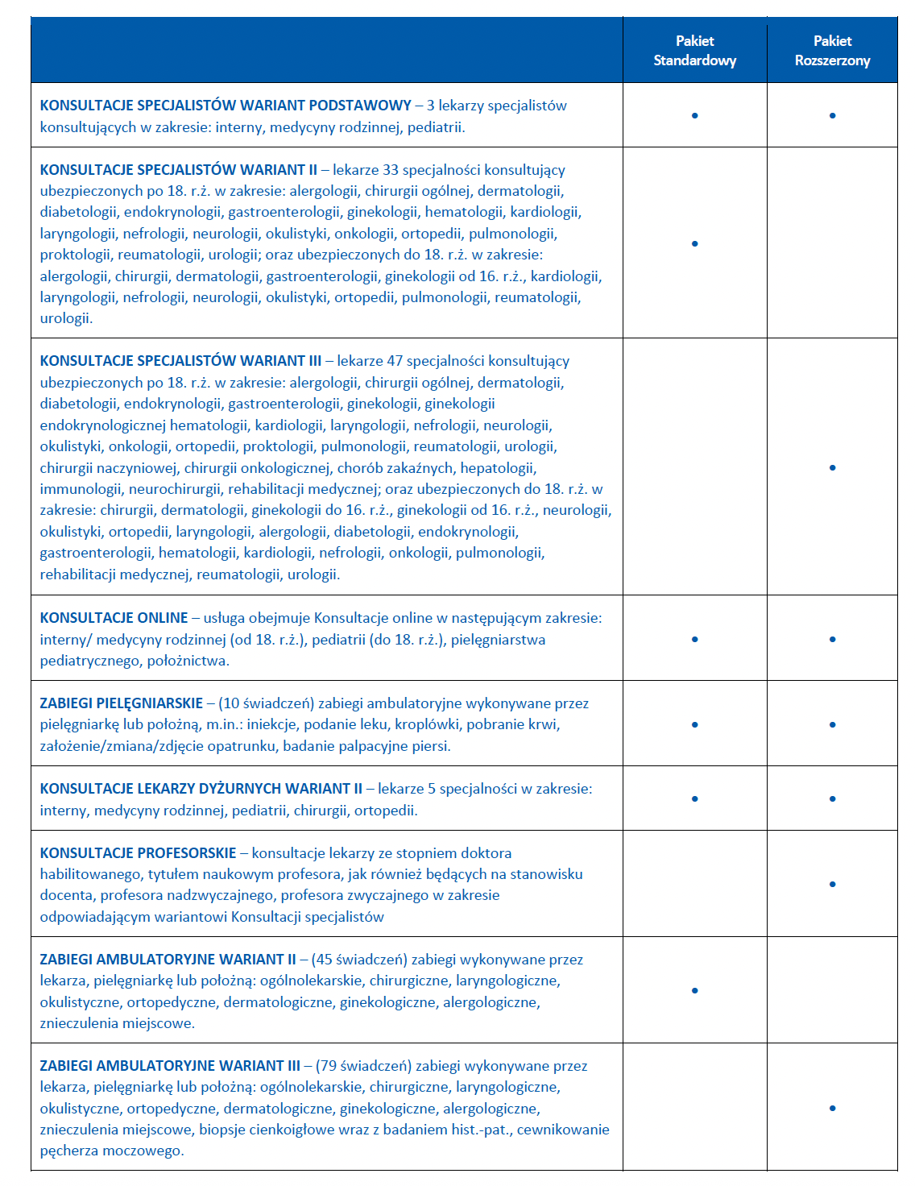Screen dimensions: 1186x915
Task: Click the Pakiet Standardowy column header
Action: [x=694, y=51]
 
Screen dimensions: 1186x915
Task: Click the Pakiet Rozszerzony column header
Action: [x=832, y=51]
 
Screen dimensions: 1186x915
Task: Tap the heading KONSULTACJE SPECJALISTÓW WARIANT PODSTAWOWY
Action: [x=226, y=106]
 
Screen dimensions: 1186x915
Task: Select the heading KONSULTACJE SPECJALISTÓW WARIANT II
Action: [x=178, y=170]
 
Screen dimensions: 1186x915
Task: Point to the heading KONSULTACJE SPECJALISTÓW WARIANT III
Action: [x=180, y=361]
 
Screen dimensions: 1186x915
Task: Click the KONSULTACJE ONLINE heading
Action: [x=114, y=618]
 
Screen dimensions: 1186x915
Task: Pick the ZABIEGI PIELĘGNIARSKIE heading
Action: [x=121, y=703]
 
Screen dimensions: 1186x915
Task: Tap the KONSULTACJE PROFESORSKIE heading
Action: [x=138, y=853]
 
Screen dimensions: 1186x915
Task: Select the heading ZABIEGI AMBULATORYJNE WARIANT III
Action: [x=169, y=1066]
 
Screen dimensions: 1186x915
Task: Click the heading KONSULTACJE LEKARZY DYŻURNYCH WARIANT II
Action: [x=201, y=789]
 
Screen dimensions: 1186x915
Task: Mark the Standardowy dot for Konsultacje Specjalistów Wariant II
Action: [x=694, y=243]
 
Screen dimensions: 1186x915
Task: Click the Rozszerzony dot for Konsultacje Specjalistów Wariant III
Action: [x=832, y=467]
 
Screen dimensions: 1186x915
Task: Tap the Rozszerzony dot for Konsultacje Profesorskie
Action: [x=832, y=885]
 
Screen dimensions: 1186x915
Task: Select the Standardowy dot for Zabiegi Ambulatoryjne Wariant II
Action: [x=694, y=991]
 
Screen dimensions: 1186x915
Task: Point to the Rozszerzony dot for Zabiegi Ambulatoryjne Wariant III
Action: [x=832, y=1109]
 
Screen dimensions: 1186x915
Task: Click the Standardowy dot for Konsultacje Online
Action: [x=694, y=640]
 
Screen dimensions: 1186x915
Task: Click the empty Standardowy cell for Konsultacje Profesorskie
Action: [x=694, y=884]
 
